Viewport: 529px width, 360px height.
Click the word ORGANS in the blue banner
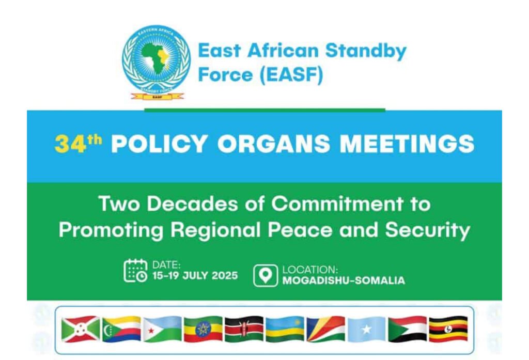tap(274, 144)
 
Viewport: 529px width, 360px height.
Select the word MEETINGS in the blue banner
tap(407, 144)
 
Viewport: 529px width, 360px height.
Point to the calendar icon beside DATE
tap(135, 271)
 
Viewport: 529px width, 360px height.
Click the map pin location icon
tap(266, 276)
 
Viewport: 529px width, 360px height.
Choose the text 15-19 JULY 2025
tap(195, 276)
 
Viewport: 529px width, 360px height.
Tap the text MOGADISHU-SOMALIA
tap(344, 280)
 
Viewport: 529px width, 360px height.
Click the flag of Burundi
tap(81, 329)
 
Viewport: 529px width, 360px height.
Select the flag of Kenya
tap(244, 329)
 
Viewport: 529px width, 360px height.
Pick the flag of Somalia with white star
tap(366, 329)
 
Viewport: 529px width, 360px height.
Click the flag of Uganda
tap(448, 329)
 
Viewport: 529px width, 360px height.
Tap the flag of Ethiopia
tap(203, 329)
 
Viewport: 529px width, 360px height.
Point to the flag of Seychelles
tap(325, 329)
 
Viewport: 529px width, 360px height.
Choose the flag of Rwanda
tap(285, 329)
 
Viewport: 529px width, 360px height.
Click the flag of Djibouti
tap(162, 329)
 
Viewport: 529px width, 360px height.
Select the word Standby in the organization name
tap(366, 51)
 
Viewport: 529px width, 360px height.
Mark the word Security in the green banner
tap(427, 230)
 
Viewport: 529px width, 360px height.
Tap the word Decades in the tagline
tap(192, 204)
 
